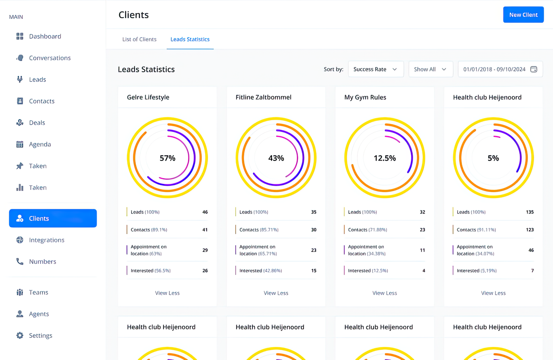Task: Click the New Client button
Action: click(523, 15)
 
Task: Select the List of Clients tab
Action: click(139, 39)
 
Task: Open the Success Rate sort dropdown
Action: click(376, 69)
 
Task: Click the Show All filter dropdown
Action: click(430, 69)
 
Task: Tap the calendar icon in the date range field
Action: click(534, 69)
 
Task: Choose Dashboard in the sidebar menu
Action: click(45, 36)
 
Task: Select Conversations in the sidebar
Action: click(50, 58)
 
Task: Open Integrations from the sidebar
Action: click(46, 240)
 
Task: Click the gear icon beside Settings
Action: click(20, 335)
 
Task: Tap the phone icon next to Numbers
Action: click(20, 261)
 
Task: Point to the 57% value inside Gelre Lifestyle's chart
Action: click(168, 158)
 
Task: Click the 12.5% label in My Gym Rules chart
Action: click(385, 158)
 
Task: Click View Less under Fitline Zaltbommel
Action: click(276, 293)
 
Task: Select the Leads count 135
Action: click(529, 212)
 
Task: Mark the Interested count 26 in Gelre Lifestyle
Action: click(205, 271)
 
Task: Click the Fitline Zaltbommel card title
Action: click(263, 97)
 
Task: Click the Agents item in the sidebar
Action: click(39, 314)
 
